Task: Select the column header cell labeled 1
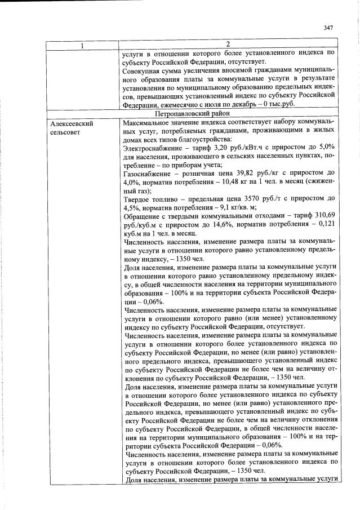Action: click(82, 45)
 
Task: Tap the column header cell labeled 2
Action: click(228, 45)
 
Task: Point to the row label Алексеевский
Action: click(72, 122)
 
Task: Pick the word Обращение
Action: click(141, 217)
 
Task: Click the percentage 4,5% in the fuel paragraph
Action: click(131, 209)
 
